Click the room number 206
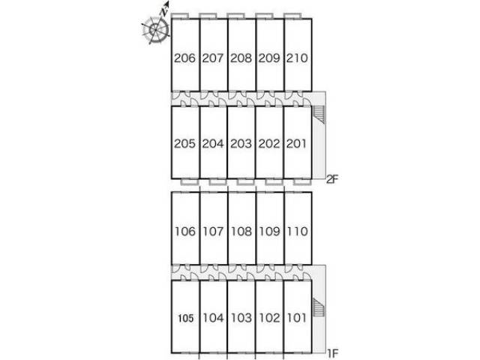click(184, 58)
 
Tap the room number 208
click(241, 58)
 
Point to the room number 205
click(184, 143)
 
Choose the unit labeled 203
click(241, 142)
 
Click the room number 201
click(297, 143)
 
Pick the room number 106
click(185, 231)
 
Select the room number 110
click(298, 231)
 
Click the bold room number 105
click(186, 318)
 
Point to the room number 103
click(241, 318)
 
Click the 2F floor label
click(332, 178)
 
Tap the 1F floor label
click(332, 353)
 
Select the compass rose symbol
click(156, 29)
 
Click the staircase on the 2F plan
click(319, 114)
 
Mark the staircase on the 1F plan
click(319, 307)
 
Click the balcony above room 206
click(180, 16)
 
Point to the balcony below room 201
click(302, 181)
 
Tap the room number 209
click(269, 58)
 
